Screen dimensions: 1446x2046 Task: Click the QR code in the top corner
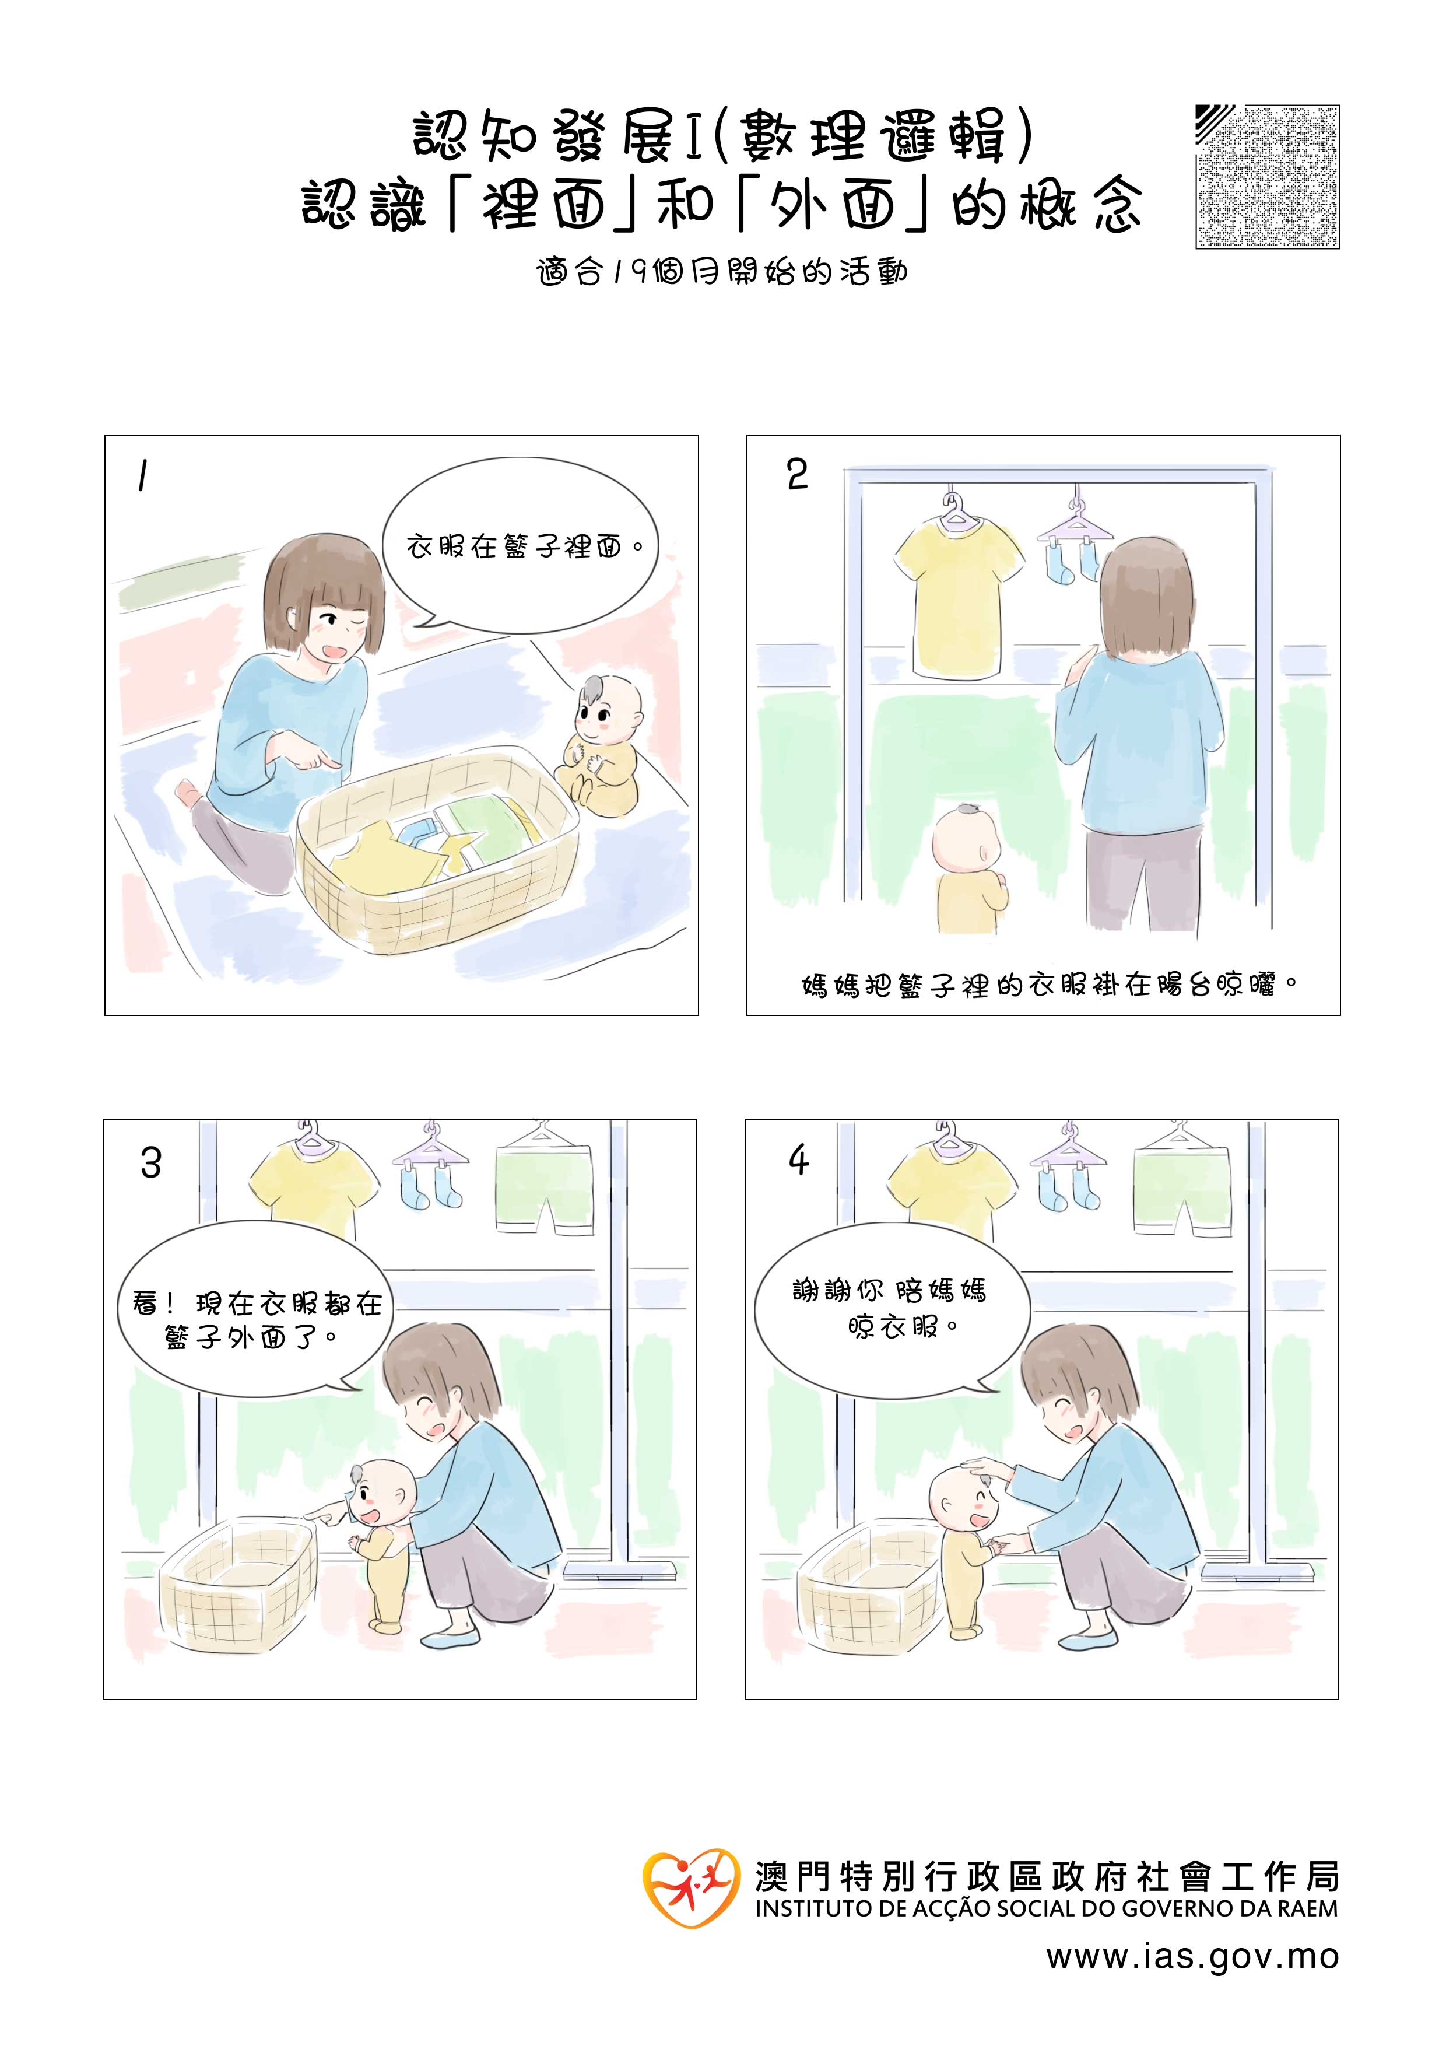click(x=1267, y=177)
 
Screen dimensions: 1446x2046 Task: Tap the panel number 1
click(x=142, y=476)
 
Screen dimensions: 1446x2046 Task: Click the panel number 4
click(x=798, y=1159)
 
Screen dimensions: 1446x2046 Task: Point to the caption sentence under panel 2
click(x=1048, y=986)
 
